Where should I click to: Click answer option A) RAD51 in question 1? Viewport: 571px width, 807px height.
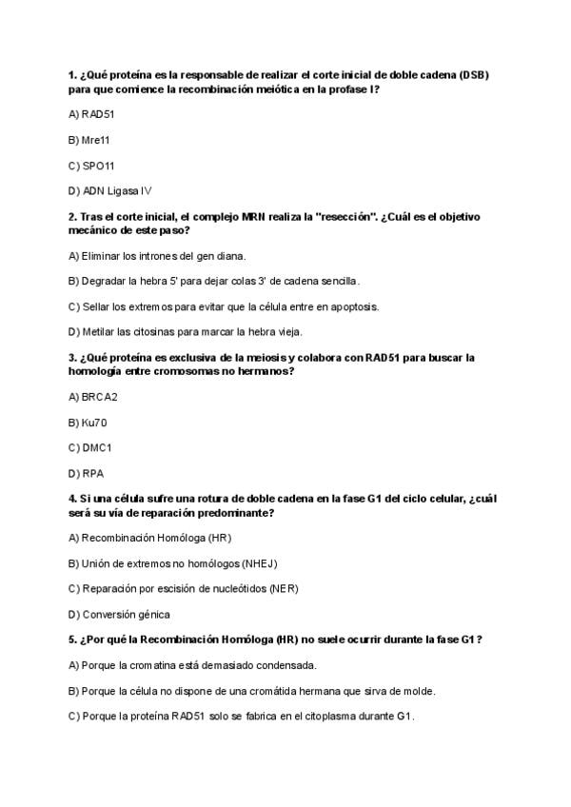tap(92, 113)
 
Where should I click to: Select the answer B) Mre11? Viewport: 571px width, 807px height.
tap(89, 139)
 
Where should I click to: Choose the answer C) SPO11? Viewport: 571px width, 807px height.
tap(91, 165)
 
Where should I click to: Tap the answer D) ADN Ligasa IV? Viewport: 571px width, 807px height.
tap(110, 190)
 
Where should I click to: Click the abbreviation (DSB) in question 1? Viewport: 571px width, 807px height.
tap(472, 74)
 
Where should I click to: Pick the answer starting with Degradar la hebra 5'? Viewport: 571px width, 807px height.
tap(215, 281)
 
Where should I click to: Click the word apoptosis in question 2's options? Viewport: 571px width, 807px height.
tap(353, 306)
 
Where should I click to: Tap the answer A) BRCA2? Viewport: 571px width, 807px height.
tap(93, 396)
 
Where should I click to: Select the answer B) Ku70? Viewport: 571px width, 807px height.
tap(88, 422)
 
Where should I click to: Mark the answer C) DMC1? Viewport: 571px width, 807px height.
tap(90, 447)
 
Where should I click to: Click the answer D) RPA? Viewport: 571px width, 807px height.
tap(87, 473)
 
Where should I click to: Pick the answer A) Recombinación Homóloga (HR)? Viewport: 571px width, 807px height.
tap(150, 537)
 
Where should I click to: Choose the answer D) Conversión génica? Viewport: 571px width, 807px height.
tap(120, 614)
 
